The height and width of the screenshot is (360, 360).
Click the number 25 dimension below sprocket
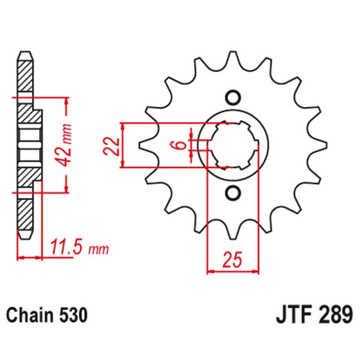coord(233,260)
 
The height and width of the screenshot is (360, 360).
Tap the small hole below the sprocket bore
coord(233,193)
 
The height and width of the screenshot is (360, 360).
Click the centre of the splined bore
coord(233,145)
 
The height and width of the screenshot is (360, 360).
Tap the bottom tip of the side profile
coord(25,237)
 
